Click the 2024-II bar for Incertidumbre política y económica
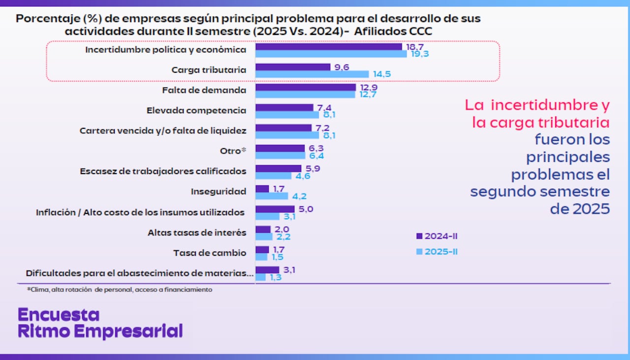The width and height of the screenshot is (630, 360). (329, 47)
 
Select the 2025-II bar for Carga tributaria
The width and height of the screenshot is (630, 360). (312, 74)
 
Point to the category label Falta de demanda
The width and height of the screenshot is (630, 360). (204, 90)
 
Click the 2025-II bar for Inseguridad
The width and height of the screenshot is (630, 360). (272, 196)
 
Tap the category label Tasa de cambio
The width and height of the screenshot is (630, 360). (209, 253)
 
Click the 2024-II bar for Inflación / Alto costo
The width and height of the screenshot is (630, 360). (275, 209)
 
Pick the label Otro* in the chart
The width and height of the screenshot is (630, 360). (233, 151)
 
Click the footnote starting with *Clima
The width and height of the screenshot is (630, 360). (120, 290)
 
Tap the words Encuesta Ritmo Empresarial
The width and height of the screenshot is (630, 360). (100, 323)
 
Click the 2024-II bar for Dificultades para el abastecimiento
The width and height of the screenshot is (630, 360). (267, 270)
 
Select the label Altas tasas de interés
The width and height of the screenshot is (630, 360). (197, 232)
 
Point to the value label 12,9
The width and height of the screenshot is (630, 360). (369, 87)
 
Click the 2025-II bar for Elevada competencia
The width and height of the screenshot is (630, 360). (287, 115)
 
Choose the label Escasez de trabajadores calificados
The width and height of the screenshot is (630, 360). (163, 171)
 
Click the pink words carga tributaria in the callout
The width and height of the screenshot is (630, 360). (540, 122)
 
